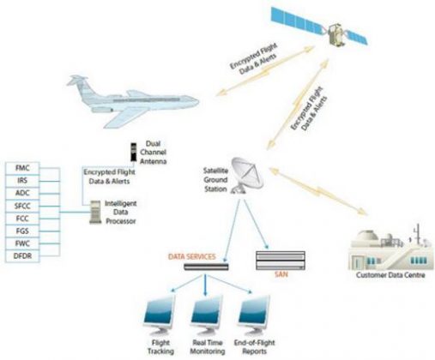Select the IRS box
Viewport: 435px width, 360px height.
tap(24, 182)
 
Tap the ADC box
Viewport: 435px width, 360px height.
tap(24, 194)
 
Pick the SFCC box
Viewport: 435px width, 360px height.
tap(24, 207)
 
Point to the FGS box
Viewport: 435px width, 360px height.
tap(24, 231)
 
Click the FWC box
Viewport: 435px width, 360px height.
tap(24, 243)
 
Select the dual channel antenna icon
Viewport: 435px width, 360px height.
tap(135, 153)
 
